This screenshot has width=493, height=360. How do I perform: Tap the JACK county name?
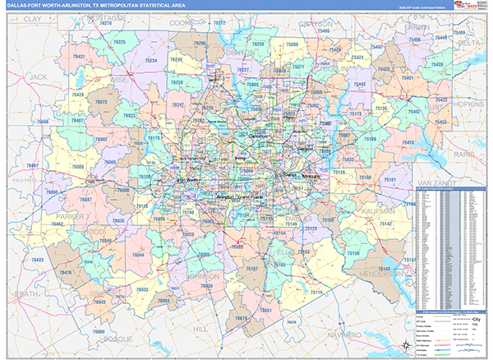coord(38,76)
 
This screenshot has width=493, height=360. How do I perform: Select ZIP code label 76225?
coord(120,41)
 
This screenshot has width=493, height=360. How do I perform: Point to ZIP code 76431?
coord(79,56)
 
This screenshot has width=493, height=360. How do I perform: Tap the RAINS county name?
coord(464,153)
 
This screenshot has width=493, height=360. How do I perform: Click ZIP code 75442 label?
coord(359,84)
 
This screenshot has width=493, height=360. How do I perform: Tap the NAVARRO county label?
coord(336,335)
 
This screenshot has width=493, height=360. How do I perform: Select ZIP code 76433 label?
coord(37,260)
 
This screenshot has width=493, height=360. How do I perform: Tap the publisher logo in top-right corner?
coord(471,7)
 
